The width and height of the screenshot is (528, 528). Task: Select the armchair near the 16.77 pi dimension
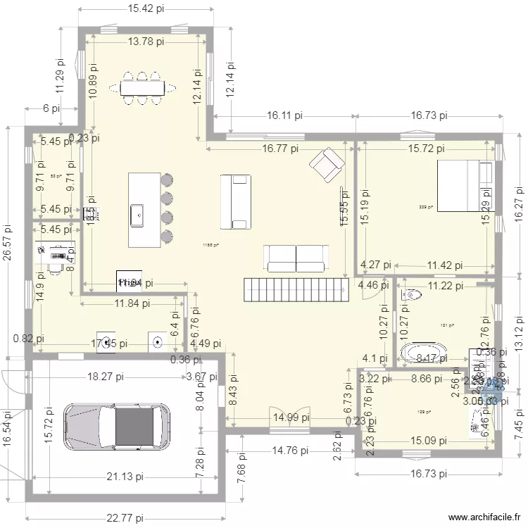[325, 165]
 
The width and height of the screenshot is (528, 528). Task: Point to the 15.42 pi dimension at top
[146, 9]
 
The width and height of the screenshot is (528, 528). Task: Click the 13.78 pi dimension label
[146, 42]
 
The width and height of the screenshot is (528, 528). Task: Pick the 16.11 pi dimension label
[284, 115]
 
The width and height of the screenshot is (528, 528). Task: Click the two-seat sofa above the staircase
[296, 257]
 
